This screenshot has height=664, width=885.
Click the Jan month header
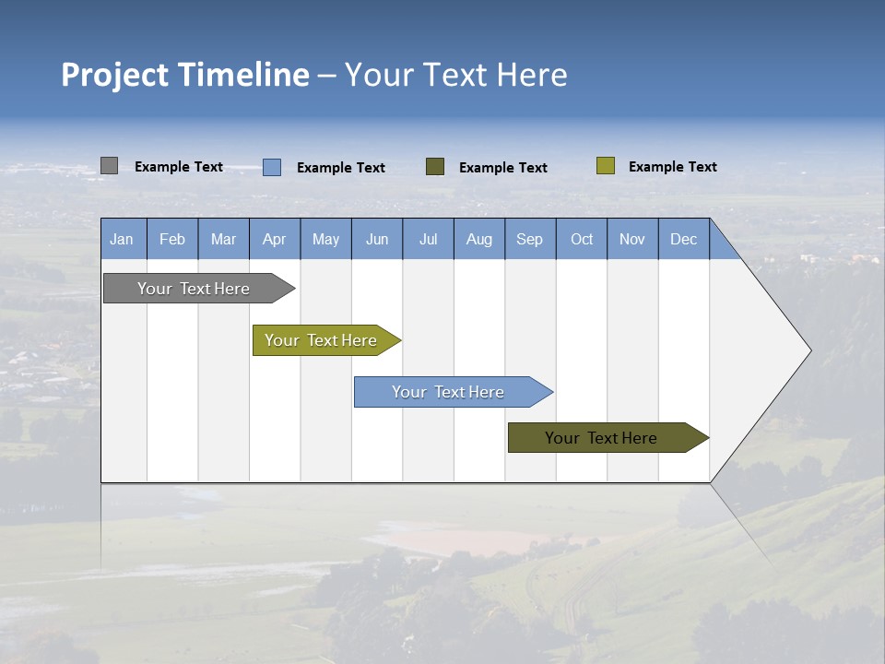click(x=123, y=239)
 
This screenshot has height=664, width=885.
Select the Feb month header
click(x=172, y=239)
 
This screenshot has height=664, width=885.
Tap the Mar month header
click(x=223, y=239)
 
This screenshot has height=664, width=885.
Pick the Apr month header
click(x=275, y=239)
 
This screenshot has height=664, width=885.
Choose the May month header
click(x=325, y=239)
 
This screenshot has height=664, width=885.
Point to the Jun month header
click(x=377, y=239)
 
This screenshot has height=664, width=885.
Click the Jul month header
click(x=428, y=239)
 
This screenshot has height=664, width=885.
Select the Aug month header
click(x=479, y=239)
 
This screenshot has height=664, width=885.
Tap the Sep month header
click(x=530, y=239)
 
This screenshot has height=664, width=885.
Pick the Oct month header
click(x=582, y=239)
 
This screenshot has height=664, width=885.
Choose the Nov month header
click(x=632, y=239)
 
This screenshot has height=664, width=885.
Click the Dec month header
click(x=684, y=239)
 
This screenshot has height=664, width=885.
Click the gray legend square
click(x=109, y=166)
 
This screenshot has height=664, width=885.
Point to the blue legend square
click(x=272, y=167)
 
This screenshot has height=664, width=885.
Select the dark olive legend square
click(x=435, y=167)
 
